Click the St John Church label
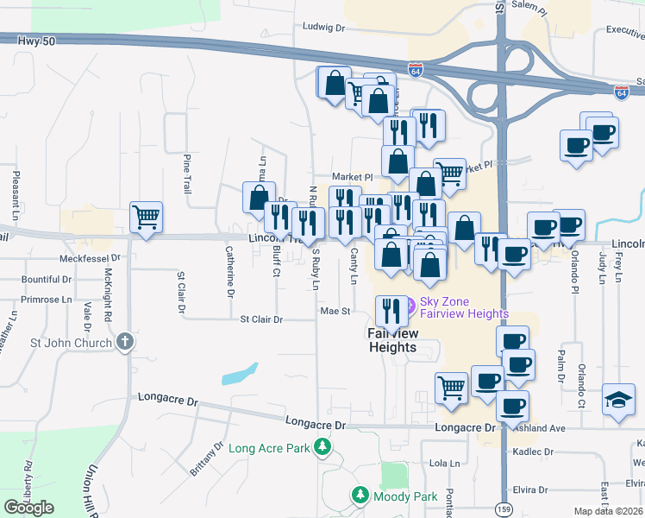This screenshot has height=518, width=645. click(71, 343)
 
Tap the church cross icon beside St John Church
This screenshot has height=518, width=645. click(124, 343)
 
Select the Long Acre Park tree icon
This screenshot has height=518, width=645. click(322, 447)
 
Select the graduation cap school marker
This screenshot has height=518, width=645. click(618, 400)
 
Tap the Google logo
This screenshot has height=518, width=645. click(29, 508)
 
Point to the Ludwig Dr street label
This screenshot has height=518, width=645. click(323, 28)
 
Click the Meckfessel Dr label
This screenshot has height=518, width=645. click(91, 258)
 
